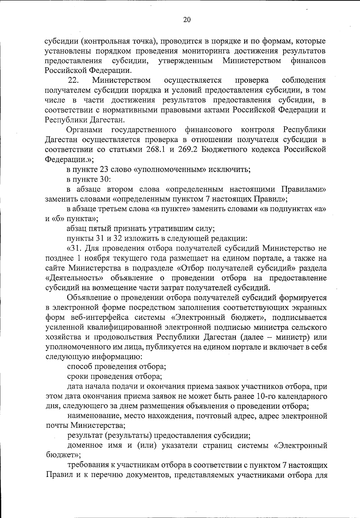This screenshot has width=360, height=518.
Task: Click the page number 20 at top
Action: tap(187, 20)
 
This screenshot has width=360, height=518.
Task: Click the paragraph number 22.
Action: tap(73, 80)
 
